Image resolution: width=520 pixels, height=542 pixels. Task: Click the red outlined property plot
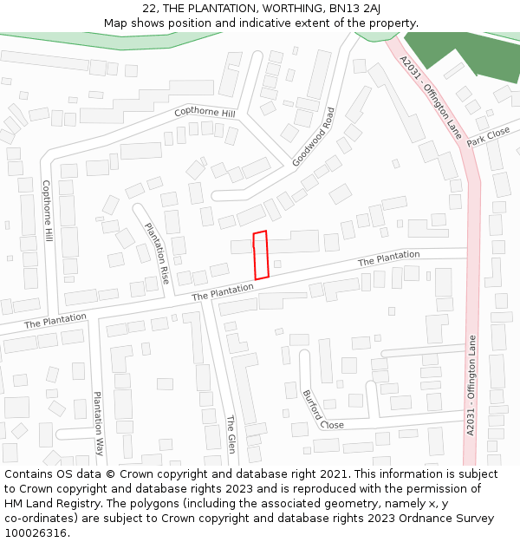tap(260, 256)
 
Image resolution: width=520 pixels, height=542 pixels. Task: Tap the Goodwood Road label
tap(313, 137)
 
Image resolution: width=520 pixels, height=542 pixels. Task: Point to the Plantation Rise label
tap(156, 254)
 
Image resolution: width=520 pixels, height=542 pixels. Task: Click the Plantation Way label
tap(99, 424)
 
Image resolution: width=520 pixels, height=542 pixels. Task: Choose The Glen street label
tap(231, 434)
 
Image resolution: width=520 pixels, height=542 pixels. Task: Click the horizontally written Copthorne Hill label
tap(205, 113)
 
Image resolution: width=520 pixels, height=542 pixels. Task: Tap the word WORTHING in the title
tap(279, 8)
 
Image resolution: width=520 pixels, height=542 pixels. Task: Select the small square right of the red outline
tap(277, 263)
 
